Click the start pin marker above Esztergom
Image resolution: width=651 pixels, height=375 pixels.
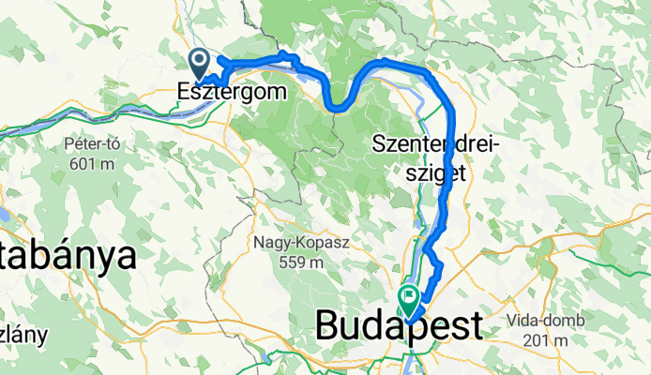[200, 65]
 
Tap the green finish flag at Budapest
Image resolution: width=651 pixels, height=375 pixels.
[410, 299]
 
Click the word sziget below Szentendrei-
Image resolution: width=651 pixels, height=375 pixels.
[438, 172]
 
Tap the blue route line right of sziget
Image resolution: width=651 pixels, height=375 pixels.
[454, 173]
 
